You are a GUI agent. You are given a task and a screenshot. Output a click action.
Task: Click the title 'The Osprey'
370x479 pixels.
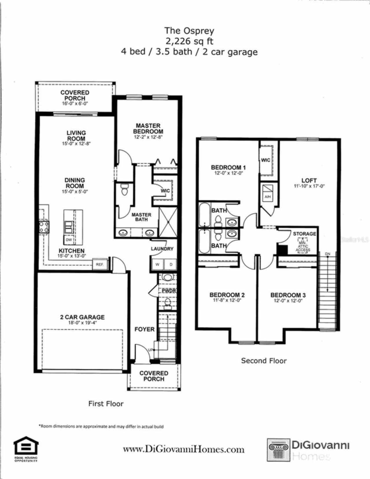tap(189, 31)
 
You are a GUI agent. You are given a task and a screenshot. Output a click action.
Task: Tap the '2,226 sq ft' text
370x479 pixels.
tap(189, 41)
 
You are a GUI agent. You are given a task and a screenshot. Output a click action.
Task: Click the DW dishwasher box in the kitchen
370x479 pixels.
tap(69, 240)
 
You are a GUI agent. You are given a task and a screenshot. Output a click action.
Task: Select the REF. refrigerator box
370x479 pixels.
tap(99, 264)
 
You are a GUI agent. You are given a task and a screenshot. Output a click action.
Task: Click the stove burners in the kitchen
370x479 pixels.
tap(44, 227)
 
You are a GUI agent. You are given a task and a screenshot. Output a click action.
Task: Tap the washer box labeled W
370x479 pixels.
tap(157, 264)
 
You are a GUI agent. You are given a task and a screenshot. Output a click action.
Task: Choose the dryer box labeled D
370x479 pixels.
tap(171, 264)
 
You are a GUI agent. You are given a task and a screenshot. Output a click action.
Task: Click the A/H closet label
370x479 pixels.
tap(268, 197)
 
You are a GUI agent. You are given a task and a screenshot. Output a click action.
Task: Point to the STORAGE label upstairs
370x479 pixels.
tap(304, 234)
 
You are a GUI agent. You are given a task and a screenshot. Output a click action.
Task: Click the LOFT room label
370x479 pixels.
tap(309, 180)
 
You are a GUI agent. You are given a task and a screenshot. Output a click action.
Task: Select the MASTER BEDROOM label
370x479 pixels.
tap(148, 128)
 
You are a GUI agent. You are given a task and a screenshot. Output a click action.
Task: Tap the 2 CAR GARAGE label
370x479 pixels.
tap(82, 317)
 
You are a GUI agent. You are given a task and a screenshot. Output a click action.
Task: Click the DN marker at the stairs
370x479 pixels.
tap(328, 254)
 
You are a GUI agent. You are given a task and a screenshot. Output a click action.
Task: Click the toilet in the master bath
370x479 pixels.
tap(125, 190)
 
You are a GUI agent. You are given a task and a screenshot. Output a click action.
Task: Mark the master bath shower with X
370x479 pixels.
tap(168, 222)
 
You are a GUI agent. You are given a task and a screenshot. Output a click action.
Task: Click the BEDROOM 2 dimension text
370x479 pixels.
tap(227, 301)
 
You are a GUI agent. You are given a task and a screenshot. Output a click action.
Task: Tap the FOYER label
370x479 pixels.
tap(144, 329)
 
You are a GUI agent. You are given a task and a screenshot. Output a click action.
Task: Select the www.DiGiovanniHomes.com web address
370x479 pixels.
tap(184, 449)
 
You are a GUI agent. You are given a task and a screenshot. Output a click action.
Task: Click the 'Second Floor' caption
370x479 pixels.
tap(264, 361)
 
